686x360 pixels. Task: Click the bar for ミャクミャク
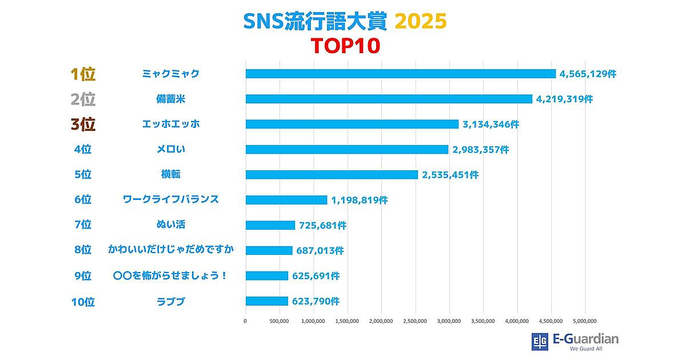400,74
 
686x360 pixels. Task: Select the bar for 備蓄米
389,99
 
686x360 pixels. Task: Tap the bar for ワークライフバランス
286,200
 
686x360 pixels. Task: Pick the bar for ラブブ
266,301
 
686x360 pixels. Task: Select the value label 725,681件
322,226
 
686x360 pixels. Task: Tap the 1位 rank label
82,74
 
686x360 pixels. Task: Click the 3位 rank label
82,125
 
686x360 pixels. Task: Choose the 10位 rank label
82,302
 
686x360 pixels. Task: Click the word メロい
171,150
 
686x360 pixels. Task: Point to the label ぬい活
171,225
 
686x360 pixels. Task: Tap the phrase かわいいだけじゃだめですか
171,250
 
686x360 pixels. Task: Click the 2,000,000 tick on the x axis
381,321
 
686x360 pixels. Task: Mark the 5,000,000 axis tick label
584,321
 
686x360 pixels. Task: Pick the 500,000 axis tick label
279,321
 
